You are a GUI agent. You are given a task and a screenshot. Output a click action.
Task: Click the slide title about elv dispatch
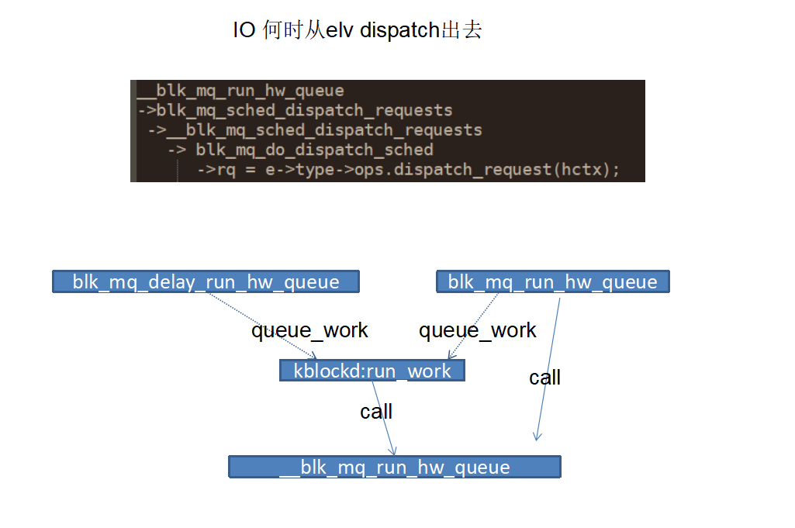tap(358, 30)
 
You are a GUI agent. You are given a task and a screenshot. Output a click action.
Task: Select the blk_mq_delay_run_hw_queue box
tap(206, 281)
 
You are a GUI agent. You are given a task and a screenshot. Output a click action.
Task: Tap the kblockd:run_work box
tap(372, 371)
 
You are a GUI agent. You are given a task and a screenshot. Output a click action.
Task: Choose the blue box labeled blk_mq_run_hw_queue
tap(552, 281)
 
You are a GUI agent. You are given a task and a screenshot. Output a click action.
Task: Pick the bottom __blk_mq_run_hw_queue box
tap(394, 467)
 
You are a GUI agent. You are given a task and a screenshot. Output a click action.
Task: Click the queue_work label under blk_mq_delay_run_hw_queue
tap(309, 330)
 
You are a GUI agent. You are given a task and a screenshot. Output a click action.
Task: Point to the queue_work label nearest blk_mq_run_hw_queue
tap(477, 330)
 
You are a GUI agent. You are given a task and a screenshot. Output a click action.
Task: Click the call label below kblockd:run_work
tap(376, 411)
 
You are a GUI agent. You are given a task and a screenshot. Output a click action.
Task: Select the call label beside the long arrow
tap(544, 378)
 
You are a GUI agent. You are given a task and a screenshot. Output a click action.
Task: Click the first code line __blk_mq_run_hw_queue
tap(240, 91)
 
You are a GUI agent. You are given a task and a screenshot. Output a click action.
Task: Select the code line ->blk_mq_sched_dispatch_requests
tap(296, 110)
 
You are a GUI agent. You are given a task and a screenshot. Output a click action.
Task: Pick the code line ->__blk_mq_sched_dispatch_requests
tap(315, 129)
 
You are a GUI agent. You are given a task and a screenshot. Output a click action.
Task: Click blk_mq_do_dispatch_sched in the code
tap(314, 149)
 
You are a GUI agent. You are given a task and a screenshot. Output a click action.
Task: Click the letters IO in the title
tap(244, 31)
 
